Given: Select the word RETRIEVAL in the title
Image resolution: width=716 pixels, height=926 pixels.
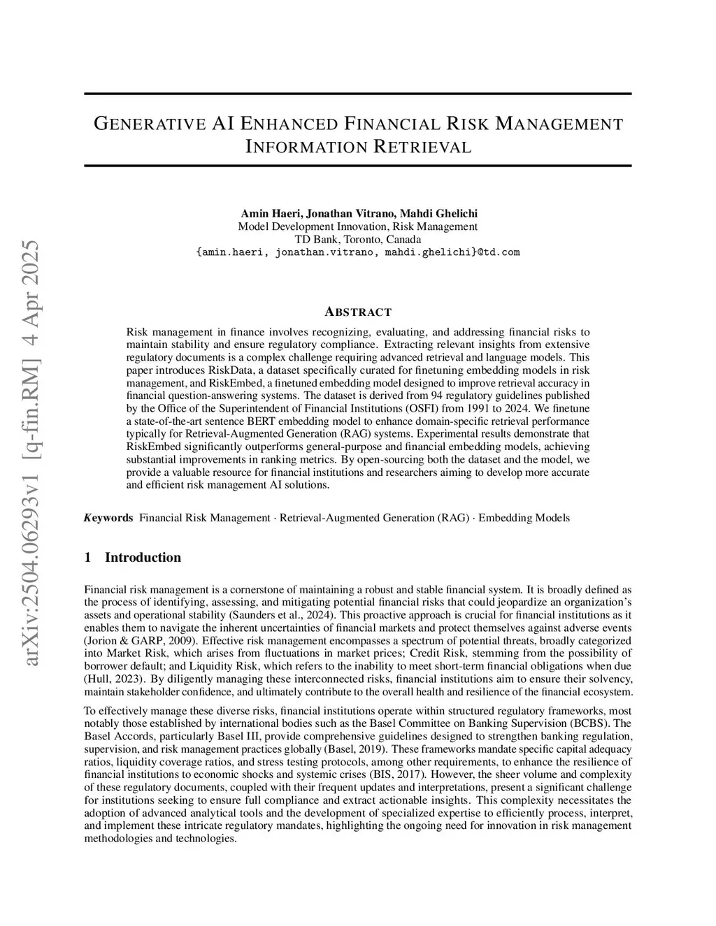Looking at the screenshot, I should click(x=423, y=147).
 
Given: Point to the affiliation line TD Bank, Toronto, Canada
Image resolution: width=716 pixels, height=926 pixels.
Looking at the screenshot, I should click(x=357, y=239).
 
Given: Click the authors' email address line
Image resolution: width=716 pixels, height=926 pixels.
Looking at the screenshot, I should click(x=357, y=252).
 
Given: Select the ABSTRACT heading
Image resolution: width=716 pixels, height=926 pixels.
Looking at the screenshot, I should click(x=358, y=312).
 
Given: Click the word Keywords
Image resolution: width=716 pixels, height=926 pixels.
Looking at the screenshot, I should click(x=108, y=518).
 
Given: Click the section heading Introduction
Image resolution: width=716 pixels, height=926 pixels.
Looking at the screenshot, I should click(x=143, y=557).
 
